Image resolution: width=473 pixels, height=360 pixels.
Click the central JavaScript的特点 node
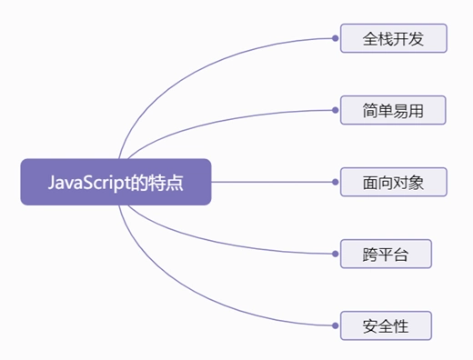click(x=116, y=182)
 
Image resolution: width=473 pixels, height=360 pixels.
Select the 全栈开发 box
click(x=393, y=39)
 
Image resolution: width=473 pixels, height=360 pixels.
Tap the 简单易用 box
click(x=393, y=110)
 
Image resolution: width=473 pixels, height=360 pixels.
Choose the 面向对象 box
click(x=393, y=182)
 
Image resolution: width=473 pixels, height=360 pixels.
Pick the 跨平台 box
click(x=385, y=254)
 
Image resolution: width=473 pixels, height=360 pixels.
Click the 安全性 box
click(x=385, y=325)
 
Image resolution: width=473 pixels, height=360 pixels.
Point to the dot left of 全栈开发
click(x=336, y=39)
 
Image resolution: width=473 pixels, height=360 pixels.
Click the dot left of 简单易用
click(x=336, y=110)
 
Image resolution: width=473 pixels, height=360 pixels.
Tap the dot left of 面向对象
click(x=336, y=182)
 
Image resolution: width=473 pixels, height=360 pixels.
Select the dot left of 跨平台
click(x=336, y=254)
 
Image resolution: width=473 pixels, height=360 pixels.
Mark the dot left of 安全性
click(x=336, y=325)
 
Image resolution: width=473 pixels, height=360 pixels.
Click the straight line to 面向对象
click(x=273, y=182)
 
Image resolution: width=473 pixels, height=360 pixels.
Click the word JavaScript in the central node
click(x=87, y=182)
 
